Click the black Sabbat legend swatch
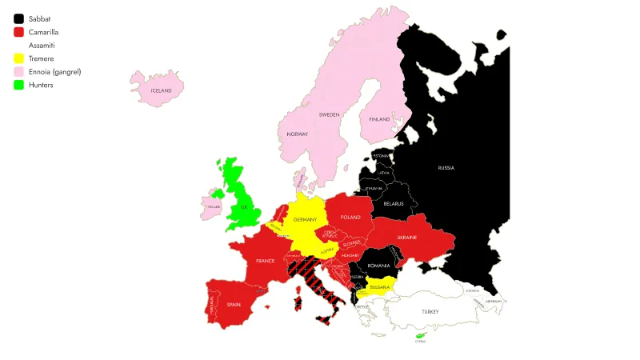[18, 18]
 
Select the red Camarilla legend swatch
[18, 32]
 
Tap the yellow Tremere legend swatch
[18, 58]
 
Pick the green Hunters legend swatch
[18, 85]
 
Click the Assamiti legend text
[42, 46]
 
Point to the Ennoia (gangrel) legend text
[54, 72]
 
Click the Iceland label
[161, 91]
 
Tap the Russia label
[446, 168]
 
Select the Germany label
[305, 219]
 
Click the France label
[266, 261]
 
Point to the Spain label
[234, 304]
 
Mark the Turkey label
[431, 310]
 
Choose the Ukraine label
[406, 238]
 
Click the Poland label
[350, 217]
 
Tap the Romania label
[378, 265]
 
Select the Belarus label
[393, 204]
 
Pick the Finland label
[379, 119]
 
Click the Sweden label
[329, 114]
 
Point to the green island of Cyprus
[420, 335]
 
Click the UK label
[245, 207]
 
